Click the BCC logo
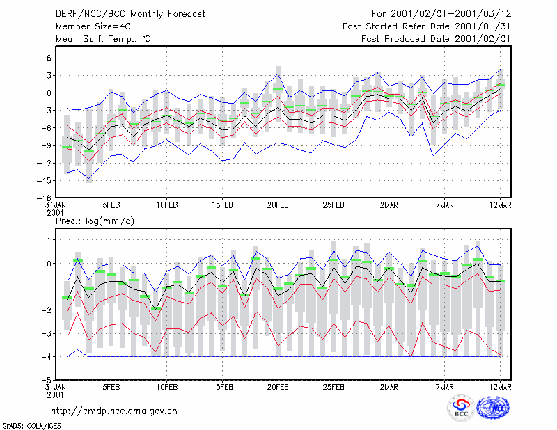click(461, 408)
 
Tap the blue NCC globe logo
click(493, 408)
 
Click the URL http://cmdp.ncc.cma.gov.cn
click(114, 411)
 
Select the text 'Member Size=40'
click(93, 26)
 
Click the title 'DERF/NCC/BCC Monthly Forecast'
click(130, 14)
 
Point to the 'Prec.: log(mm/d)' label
click(95, 221)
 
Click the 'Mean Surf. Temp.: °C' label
click(103, 39)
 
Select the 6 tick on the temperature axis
click(49, 58)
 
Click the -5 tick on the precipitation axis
click(47, 380)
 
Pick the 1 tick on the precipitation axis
click(49, 240)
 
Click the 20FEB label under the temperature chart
click(278, 205)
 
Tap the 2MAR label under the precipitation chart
click(389, 387)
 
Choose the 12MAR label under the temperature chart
click(501, 205)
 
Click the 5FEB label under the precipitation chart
click(111, 387)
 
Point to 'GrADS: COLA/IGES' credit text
click(31, 426)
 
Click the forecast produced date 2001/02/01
click(483, 39)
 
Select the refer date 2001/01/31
click(483, 26)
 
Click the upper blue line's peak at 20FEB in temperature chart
click(278, 74)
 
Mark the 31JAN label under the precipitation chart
click(56, 387)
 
